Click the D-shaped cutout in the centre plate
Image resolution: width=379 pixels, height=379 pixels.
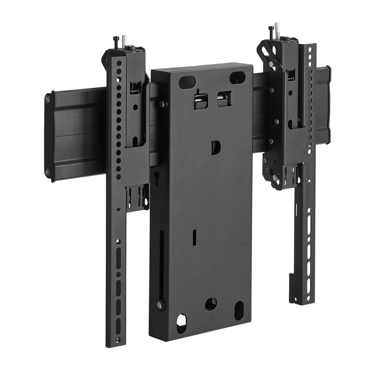point(216,148)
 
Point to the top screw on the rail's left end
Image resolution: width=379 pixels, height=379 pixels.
point(48,98)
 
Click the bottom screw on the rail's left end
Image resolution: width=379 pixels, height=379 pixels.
point(48,172)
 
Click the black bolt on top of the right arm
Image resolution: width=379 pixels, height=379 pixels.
point(271,31)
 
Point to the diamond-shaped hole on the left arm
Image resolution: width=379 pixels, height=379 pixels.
point(118,210)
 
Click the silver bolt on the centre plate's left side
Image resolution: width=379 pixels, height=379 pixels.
point(163,103)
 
